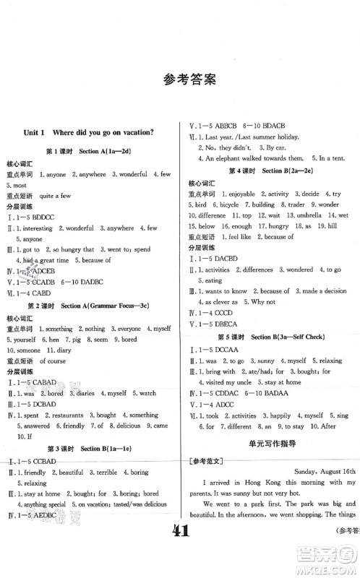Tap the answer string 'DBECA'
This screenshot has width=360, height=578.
coord(229,325)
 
